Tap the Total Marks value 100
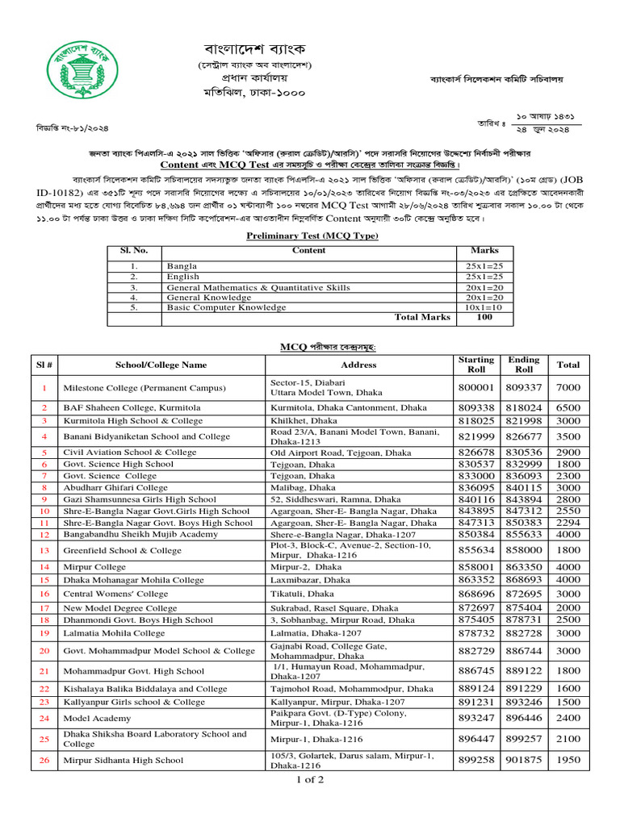click(484, 318)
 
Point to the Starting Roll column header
click(475, 365)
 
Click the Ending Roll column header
click(524, 365)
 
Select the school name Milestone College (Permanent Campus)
click(145, 388)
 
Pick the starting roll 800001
click(475, 388)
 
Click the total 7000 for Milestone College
click(568, 388)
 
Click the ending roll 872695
click(524, 594)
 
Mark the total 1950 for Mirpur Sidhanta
click(568, 760)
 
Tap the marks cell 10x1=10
click(484, 307)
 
